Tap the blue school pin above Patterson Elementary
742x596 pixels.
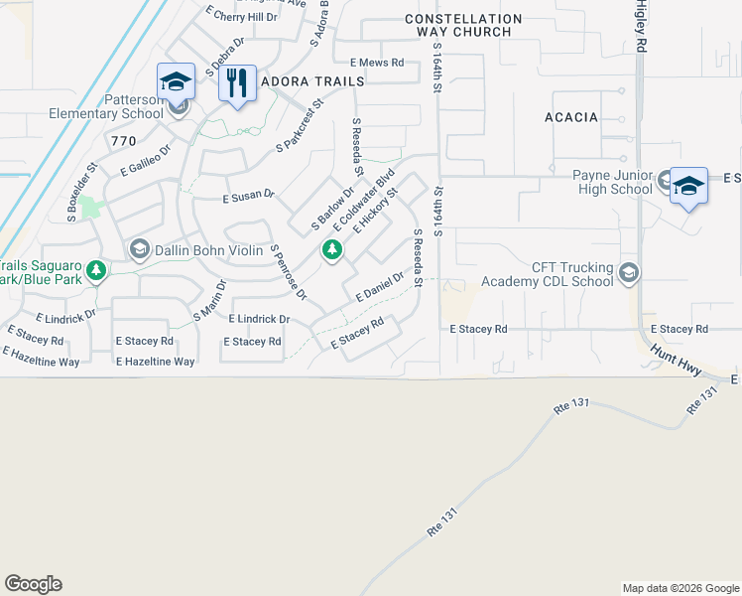coord(176,81)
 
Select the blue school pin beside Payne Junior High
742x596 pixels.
coord(688,187)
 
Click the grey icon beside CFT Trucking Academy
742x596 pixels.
coord(628,272)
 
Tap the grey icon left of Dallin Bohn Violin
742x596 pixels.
coord(140,248)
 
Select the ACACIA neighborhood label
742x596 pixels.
coord(571,117)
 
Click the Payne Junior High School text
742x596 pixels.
coord(612,183)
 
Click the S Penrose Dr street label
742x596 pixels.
coord(289,272)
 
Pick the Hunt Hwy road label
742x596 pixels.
coord(677,359)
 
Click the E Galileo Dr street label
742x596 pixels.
coord(146,158)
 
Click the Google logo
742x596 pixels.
coord(33,584)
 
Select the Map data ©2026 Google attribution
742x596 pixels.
coord(680,588)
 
